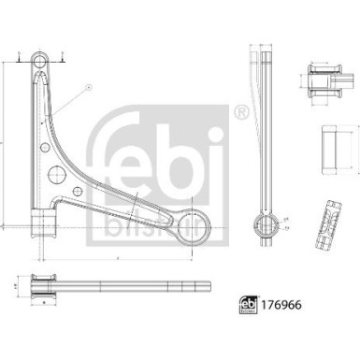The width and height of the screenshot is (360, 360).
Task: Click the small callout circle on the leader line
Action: click(x=89, y=86)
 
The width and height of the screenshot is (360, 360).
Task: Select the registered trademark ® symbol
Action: click(x=242, y=112)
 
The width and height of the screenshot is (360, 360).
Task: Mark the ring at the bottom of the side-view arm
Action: click(x=260, y=224)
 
